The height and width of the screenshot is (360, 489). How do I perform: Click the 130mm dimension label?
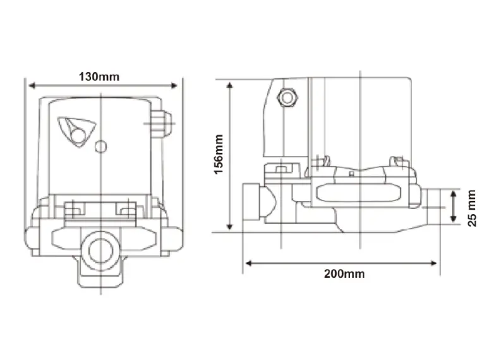[x=99, y=76]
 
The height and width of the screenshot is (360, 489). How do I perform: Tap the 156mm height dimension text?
[x=219, y=155]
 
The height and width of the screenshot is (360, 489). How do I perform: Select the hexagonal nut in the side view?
[x=289, y=98]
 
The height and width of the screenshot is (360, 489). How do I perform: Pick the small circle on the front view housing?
[x=99, y=147]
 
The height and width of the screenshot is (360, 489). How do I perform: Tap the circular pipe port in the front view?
[x=100, y=249]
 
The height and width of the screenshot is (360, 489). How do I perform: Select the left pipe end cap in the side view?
[x=251, y=203]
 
